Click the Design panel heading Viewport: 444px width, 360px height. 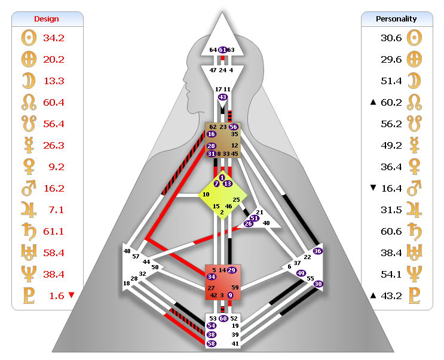tap(46, 19)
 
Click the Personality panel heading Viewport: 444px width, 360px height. tap(396, 19)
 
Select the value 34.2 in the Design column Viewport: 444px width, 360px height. tap(54, 38)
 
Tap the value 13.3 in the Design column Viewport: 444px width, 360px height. tap(54, 81)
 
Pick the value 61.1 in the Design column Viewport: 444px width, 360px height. tap(54, 230)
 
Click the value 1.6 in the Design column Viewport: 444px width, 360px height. tap(54, 295)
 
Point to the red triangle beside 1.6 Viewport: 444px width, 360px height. tap(72, 294)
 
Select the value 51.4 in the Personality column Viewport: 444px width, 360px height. tap(391, 81)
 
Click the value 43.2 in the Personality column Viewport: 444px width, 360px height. tap(391, 295)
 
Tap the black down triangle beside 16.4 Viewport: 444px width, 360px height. tap(373, 187)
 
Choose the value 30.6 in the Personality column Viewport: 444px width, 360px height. tap(391, 38)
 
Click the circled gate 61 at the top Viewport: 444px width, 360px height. tap(222, 50)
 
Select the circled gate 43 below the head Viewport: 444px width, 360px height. tap(223, 97)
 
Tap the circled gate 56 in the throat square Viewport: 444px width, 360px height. tap(233, 127)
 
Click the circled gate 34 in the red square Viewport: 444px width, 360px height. tap(212, 276)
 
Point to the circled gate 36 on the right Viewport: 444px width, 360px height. tap(318, 251)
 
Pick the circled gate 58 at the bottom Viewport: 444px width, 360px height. tap(211, 343)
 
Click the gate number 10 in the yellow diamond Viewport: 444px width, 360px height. tap(206, 195)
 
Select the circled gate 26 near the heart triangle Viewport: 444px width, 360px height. tap(248, 224)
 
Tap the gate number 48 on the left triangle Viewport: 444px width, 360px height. tap(127, 251)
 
